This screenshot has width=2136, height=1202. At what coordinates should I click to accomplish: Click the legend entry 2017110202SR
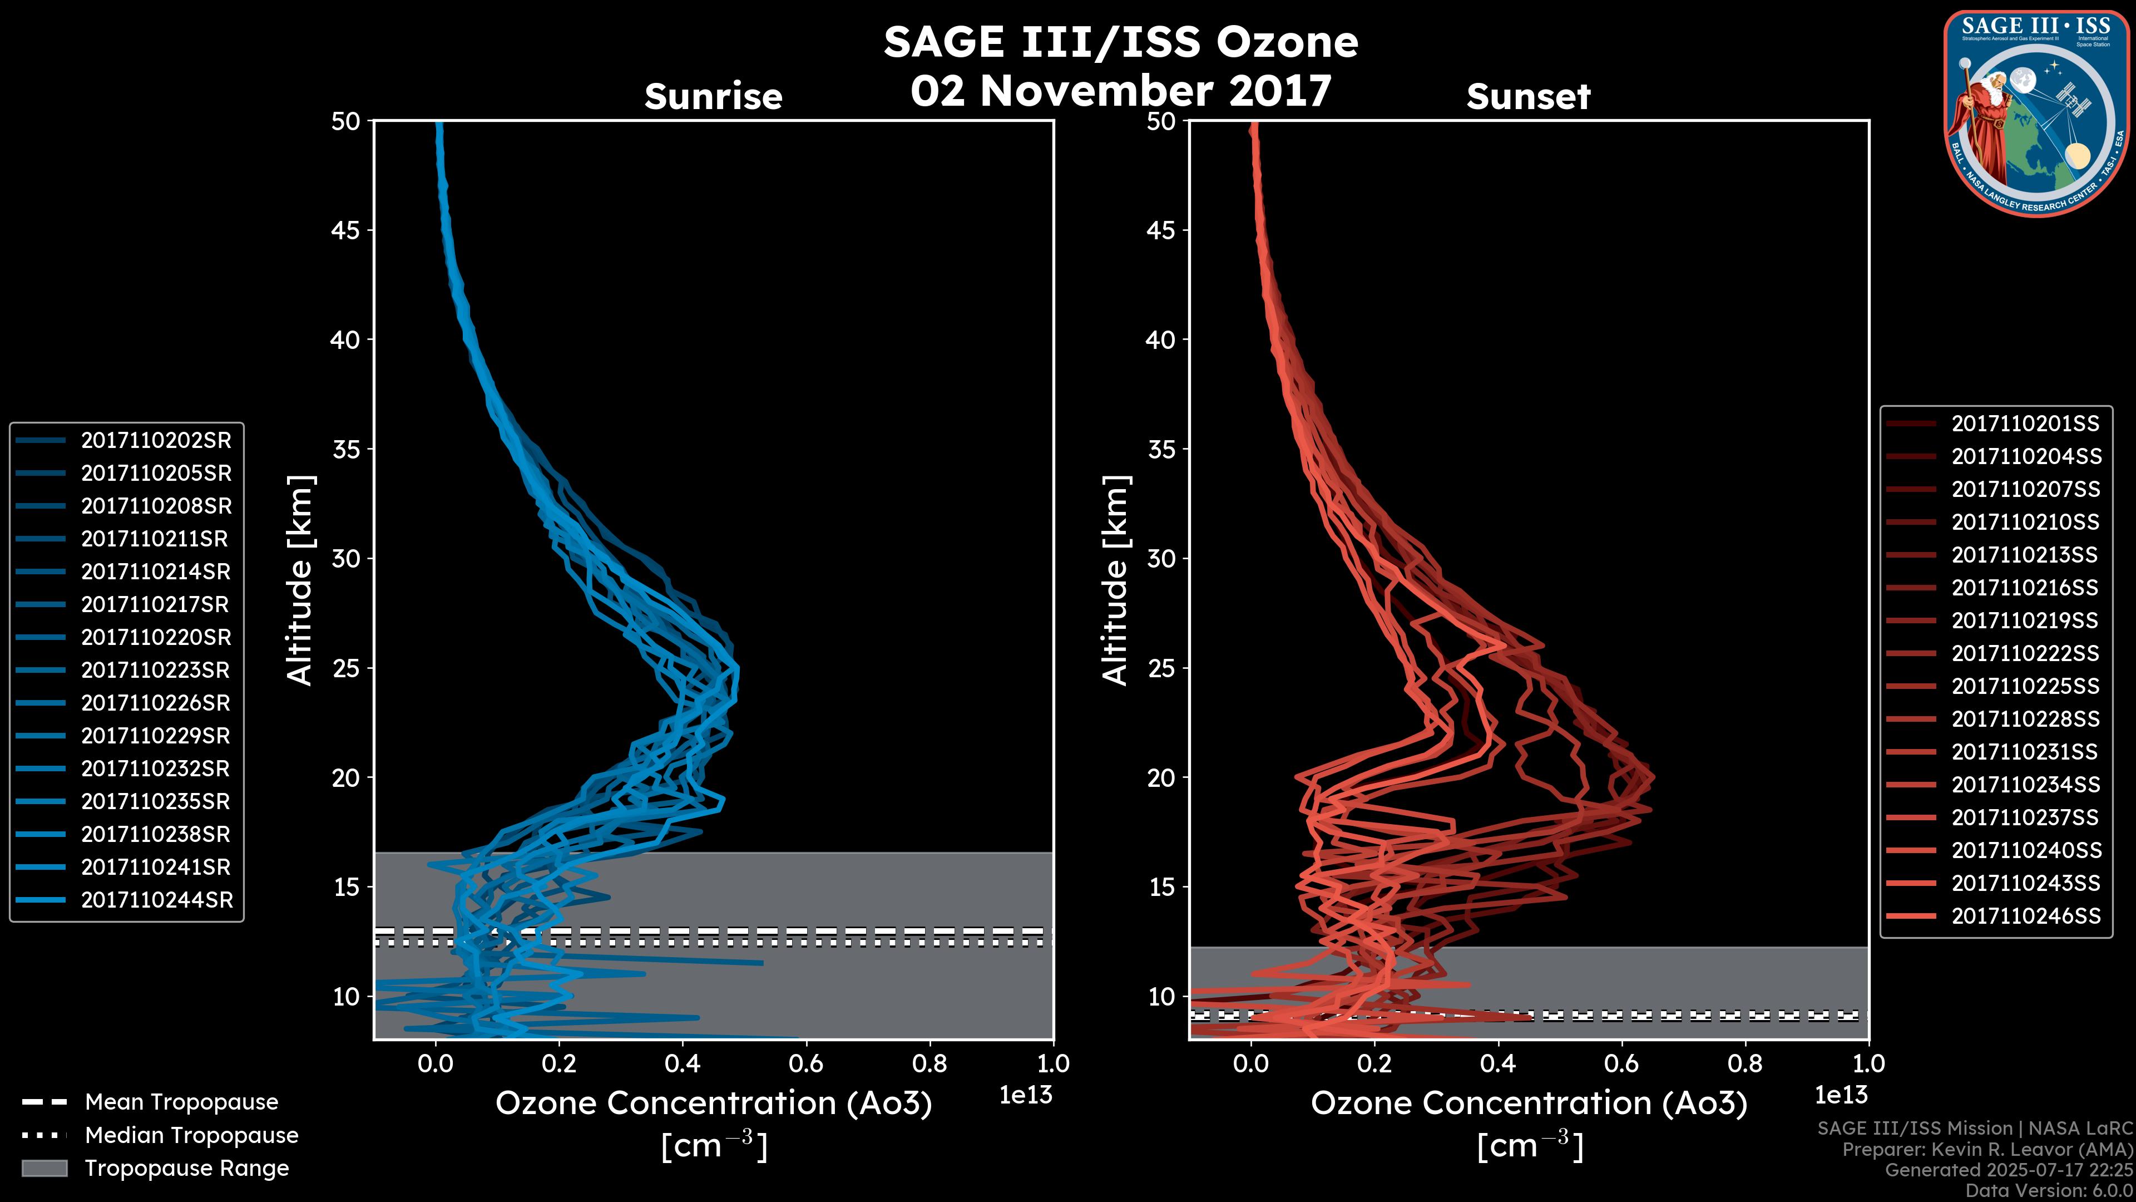(x=156, y=441)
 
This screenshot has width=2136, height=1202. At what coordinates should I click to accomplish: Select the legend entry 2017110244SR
(x=157, y=900)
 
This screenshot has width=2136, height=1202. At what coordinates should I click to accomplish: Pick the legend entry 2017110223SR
(x=156, y=670)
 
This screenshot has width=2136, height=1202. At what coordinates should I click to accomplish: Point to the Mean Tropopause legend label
(x=181, y=1102)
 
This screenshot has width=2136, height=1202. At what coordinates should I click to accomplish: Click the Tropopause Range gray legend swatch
(x=44, y=1168)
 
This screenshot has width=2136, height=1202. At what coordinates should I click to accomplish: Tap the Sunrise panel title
(x=713, y=96)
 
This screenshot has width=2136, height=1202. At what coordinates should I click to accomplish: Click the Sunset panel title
(x=1528, y=96)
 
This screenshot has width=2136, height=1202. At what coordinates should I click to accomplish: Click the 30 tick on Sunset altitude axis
(x=1161, y=558)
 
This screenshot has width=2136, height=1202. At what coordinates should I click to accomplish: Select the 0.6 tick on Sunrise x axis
(x=806, y=1063)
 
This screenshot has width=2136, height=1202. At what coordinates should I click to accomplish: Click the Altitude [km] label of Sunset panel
(x=1116, y=580)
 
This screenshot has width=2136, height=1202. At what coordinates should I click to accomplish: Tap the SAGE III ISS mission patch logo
(x=2036, y=112)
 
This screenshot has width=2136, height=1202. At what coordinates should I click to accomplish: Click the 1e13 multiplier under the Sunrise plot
(x=1026, y=1095)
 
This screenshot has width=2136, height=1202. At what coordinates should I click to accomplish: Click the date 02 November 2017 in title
(x=1121, y=90)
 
